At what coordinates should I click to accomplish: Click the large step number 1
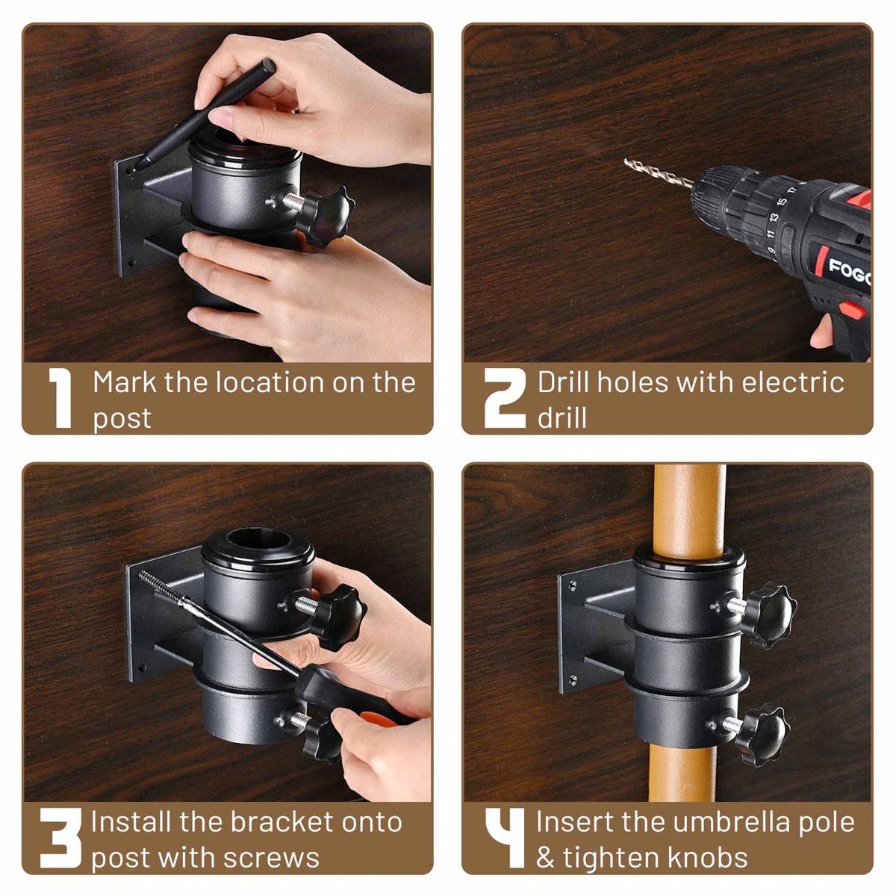60,399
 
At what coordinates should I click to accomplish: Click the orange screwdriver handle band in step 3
381,721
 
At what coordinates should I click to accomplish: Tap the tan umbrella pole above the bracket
688,508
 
